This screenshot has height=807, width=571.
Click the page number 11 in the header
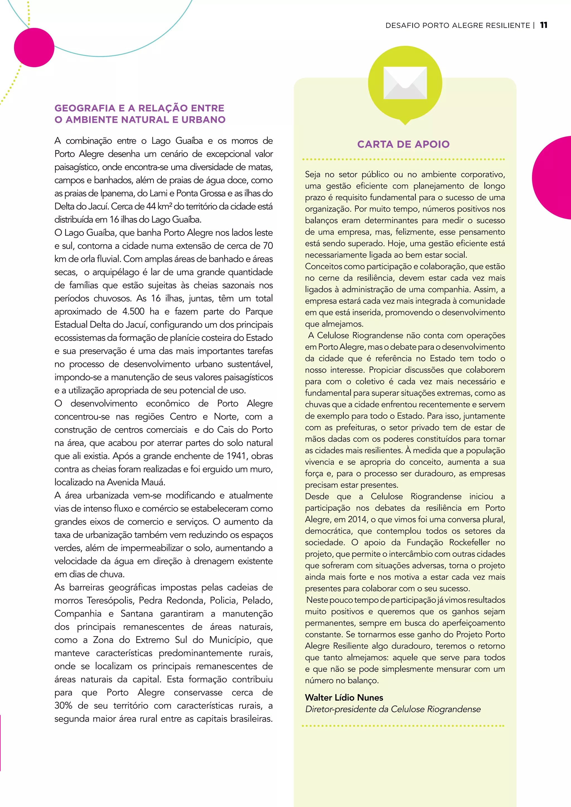click(x=544, y=25)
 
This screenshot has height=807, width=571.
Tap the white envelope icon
click(x=405, y=83)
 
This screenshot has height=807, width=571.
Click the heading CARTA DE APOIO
click(x=403, y=144)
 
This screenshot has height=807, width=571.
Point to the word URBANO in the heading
click(x=204, y=120)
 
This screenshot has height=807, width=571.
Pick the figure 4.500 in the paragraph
click(x=133, y=312)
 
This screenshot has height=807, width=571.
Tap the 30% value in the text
click(x=63, y=705)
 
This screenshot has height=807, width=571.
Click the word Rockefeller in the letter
click(x=470, y=542)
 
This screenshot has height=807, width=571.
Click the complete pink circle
click(x=34, y=47)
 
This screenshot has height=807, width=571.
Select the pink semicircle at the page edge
click(x=554, y=178)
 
